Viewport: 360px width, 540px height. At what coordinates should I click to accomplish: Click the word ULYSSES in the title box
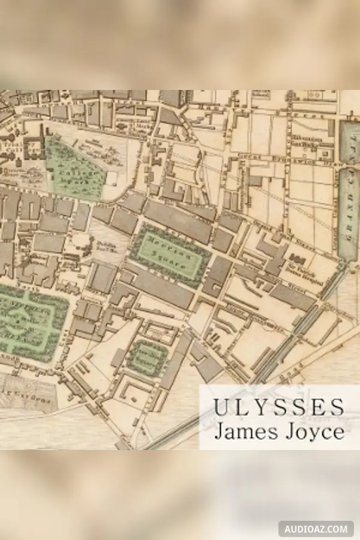coord(278,407)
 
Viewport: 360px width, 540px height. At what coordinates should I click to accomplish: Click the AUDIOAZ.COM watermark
coord(316,529)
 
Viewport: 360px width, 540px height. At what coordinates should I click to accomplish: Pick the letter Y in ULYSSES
coord(260,407)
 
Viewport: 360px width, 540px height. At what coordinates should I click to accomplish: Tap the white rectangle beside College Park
coord(111,178)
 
